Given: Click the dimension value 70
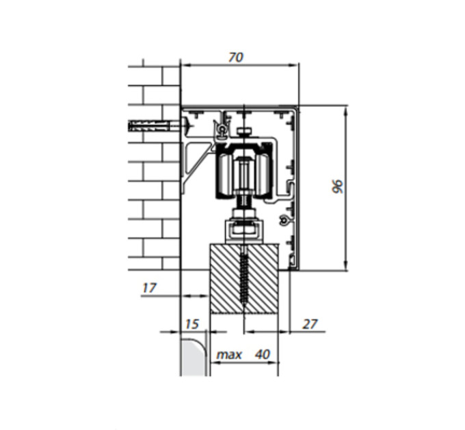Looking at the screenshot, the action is click(236, 57).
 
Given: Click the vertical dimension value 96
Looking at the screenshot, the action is click(338, 186).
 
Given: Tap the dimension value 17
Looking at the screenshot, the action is click(149, 287).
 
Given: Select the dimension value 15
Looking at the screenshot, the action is click(192, 324).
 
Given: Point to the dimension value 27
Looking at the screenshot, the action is click(310, 324).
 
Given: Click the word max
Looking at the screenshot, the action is click(229, 354).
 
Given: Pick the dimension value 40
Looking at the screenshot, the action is click(263, 354).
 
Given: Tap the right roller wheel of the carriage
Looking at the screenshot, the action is click(262, 175).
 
